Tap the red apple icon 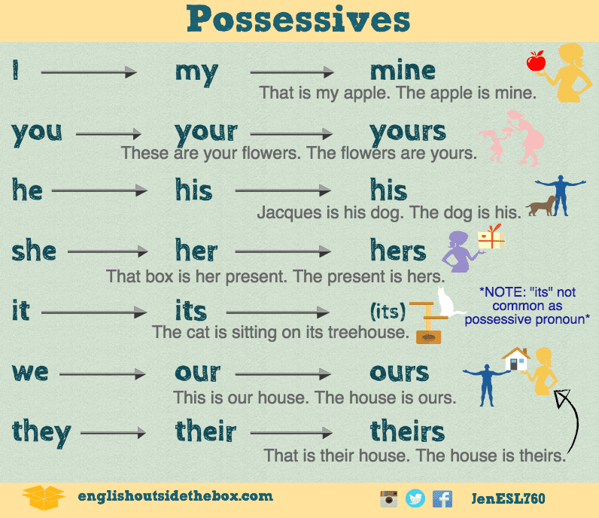[536, 61]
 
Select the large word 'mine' [403, 72]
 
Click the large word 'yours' [408, 132]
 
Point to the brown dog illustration [541, 206]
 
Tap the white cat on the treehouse [446, 303]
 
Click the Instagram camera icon [388, 498]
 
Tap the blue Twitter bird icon [415, 498]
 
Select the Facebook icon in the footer [442, 498]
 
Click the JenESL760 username [508, 498]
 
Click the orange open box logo [44, 497]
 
